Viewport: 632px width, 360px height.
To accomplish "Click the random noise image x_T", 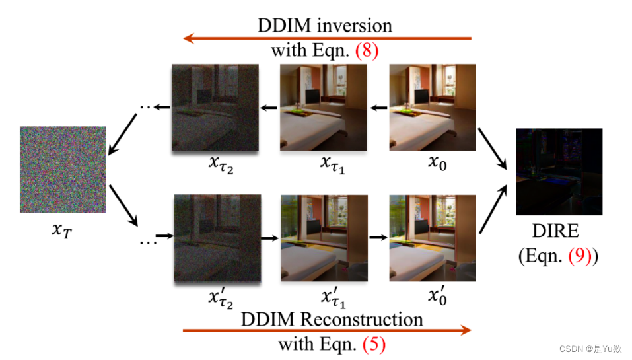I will pos(63,169).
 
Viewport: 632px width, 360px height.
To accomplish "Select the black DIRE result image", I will pos(559,172).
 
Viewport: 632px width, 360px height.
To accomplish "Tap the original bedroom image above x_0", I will pos(433,107).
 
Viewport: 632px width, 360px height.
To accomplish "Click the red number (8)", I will pos(367,52).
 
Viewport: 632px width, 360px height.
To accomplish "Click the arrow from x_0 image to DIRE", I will pos(492,149).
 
